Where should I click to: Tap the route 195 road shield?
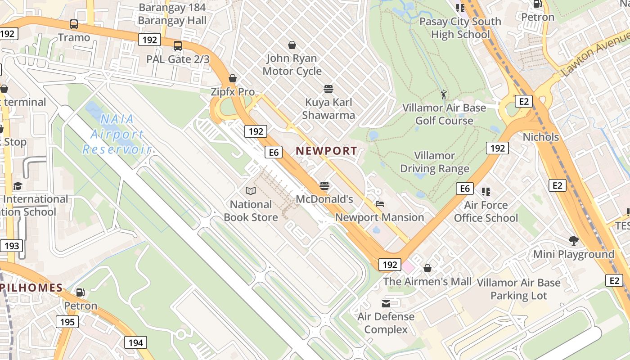[67, 322]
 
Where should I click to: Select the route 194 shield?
[135, 343]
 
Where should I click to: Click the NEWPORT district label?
[326, 151]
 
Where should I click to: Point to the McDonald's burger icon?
[324, 185]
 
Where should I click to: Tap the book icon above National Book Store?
[251, 191]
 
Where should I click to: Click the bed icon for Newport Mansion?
[380, 204]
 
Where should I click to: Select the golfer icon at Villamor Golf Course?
[444, 94]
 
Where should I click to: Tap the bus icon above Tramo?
[74, 24]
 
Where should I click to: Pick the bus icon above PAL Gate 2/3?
[178, 45]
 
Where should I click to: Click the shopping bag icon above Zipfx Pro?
[233, 78]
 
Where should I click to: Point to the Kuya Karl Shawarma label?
[328, 108]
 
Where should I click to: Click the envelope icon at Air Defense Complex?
[386, 303]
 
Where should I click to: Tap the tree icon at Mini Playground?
[573, 241]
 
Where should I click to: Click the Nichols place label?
[540, 137]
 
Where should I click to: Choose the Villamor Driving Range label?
[435, 162]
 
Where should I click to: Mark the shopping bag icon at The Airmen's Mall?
[427, 268]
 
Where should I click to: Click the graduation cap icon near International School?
[18, 186]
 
